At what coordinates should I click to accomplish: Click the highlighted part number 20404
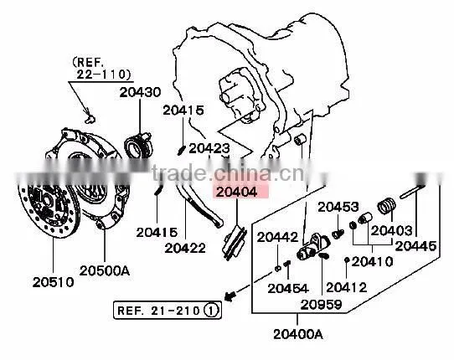coord(236,192)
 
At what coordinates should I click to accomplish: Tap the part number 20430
coord(140,92)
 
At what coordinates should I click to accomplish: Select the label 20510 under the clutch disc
coord(54,282)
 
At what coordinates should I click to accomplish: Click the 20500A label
coord(105,270)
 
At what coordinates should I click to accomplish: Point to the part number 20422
coord(185,248)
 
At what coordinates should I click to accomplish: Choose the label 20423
coord(209,149)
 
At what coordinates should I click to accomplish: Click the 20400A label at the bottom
coord(298,334)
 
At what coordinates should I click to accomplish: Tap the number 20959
coord(322,305)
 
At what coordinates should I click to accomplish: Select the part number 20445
coord(415,246)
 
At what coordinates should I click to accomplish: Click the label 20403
coord(391,230)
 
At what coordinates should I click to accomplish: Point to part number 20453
coord(338,207)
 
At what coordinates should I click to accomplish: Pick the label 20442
coord(277,237)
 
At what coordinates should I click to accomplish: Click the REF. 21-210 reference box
coord(168,311)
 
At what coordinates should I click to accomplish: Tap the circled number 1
coord(211,311)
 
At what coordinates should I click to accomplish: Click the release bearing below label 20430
coord(137,146)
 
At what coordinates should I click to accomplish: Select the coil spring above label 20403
coord(386,206)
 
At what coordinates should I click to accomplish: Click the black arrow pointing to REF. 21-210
coord(230,296)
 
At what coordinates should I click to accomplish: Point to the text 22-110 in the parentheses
coord(103,75)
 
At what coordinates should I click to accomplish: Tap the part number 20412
coord(347,287)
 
